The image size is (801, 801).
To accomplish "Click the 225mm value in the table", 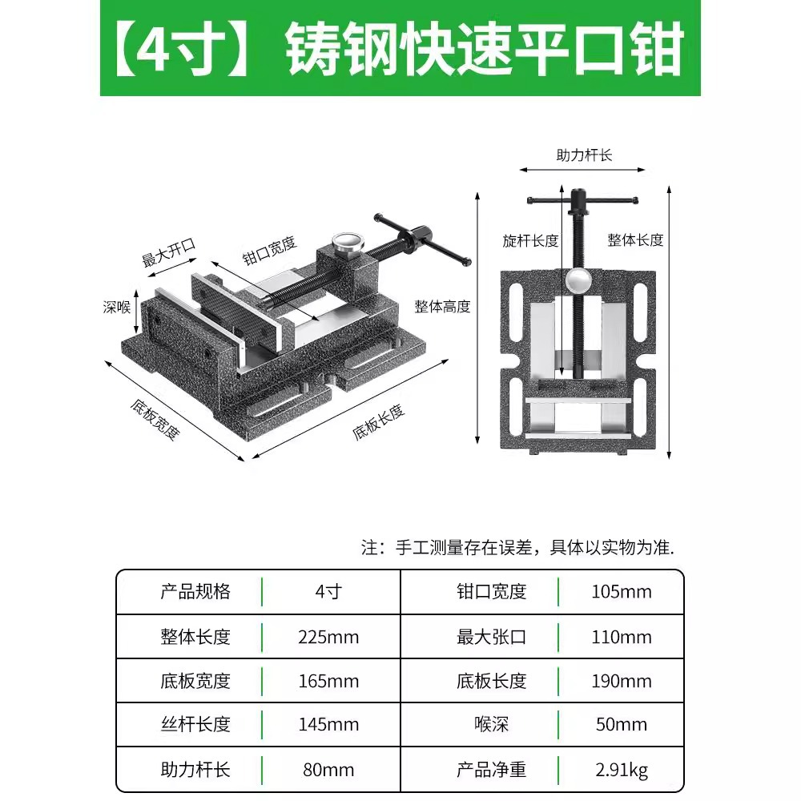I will coord(329,637).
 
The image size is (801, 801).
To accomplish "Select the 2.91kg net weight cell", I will coord(622,770).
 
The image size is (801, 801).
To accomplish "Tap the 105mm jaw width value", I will coord(622,592).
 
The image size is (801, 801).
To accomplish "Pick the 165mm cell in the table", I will coord(329,681).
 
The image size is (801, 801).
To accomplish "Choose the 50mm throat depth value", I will coord(622,725).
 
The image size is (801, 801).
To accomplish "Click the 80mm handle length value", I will coord(329,770).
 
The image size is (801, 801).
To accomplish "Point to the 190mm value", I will coord(622,681).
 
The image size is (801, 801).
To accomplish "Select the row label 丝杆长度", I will coord(195,725).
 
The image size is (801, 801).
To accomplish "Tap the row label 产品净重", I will coord(491,770).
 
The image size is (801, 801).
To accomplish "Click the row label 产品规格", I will coord(195,592).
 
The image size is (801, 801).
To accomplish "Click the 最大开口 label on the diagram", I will coord(168,253).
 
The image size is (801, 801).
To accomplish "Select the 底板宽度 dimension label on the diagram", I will coord(155,419).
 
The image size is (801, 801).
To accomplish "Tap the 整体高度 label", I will coord(442,306).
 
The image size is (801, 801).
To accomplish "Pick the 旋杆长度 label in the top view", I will coord(530,240).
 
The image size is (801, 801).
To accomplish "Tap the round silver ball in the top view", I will coord(578,280).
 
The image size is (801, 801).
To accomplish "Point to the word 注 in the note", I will coord(369,549).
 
